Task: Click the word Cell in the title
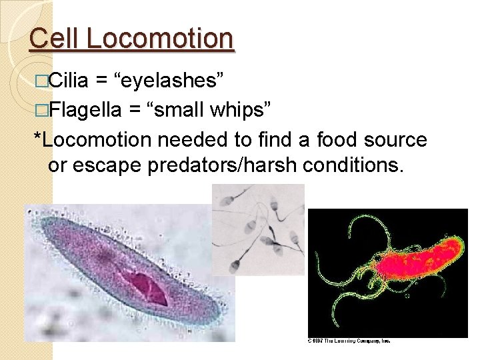(55, 38)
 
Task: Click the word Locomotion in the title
(161, 38)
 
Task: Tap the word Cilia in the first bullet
(69, 81)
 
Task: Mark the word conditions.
(355, 165)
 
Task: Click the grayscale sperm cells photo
(258, 229)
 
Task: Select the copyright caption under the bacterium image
(348, 341)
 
